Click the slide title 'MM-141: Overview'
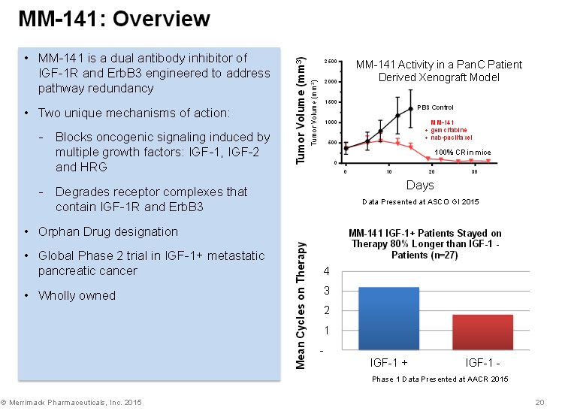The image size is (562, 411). [114, 20]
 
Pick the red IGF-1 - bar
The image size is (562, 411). [483, 332]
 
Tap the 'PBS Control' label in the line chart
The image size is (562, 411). [436, 107]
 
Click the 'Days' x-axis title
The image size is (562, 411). [420, 185]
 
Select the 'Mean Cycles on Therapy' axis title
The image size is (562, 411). [301, 305]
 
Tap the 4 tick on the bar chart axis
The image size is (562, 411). [325, 270]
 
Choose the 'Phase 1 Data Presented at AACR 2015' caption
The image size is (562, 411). [440, 379]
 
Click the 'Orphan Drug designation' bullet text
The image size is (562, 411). [108, 231]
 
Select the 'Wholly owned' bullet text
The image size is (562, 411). [77, 295]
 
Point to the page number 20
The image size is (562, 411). [539, 403]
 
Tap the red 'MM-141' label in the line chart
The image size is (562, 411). [442, 122]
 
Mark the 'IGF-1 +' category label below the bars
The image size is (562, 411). [389, 363]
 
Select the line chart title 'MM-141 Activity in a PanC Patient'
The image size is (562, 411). [439, 65]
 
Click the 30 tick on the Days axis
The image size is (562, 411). [474, 172]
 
